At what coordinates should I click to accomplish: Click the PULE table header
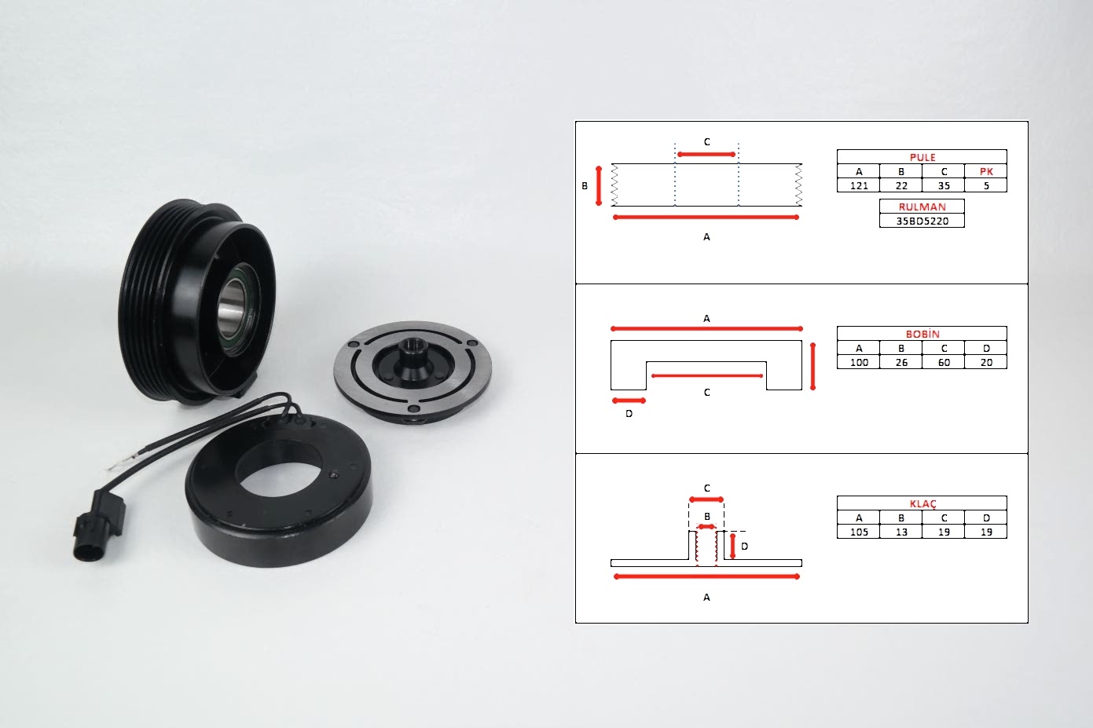[922, 157]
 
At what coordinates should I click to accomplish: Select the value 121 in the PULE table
[859, 186]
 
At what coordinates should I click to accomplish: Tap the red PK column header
[986, 171]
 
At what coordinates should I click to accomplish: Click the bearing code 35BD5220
[922, 221]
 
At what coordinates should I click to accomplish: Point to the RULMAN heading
[922, 207]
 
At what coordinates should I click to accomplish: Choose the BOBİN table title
[922, 334]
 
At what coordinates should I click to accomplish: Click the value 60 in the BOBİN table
[944, 362]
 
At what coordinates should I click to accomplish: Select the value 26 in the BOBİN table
[901, 362]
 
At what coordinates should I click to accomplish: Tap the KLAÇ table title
[922, 503]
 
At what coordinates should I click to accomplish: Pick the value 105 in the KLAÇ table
[859, 532]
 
